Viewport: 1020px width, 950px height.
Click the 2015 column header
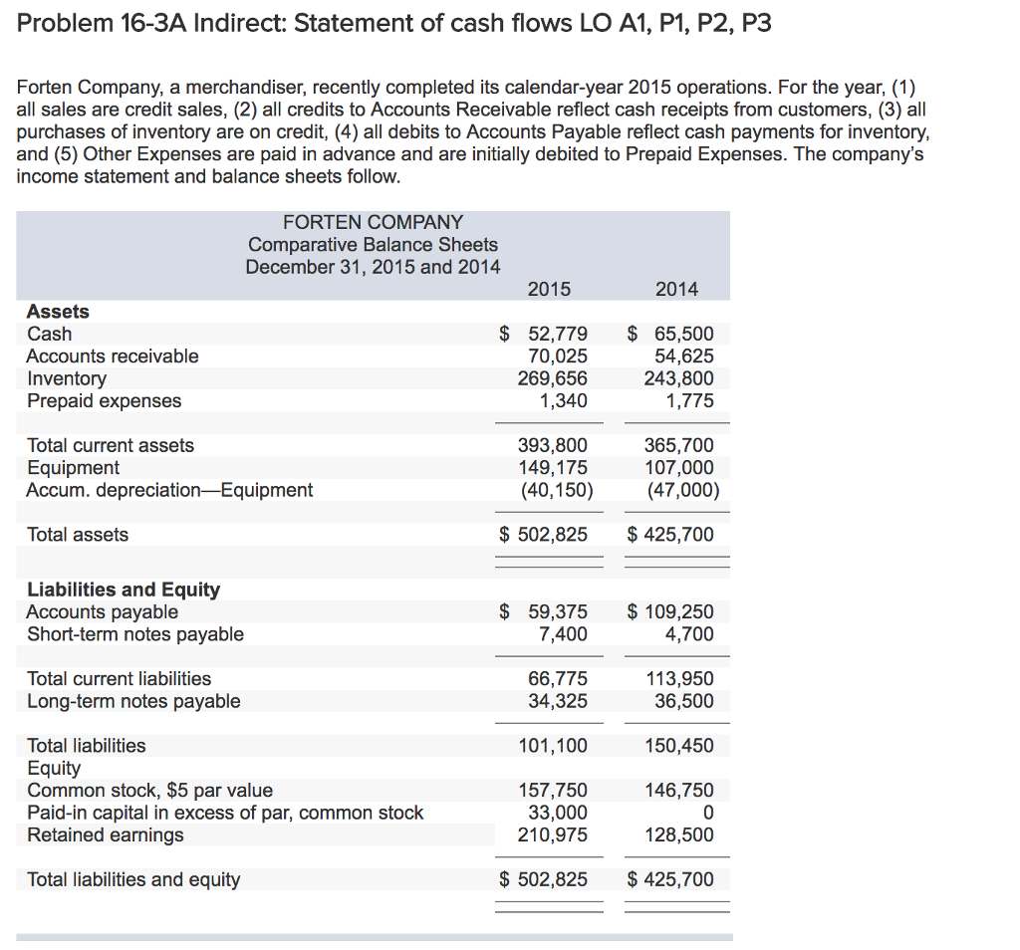pyautogui.click(x=549, y=289)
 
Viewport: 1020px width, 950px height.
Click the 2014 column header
pyautogui.click(x=677, y=289)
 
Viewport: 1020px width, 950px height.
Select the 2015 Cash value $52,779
pyautogui.click(x=544, y=334)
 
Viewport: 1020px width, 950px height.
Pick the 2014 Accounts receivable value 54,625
pyautogui.click(x=683, y=356)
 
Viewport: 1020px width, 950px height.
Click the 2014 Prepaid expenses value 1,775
pyautogui.click(x=690, y=400)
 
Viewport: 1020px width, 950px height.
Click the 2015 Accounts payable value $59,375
pyautogui.click(x=544, y=611)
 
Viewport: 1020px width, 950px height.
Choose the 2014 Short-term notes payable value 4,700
pyautogui.click(x=690, y=633)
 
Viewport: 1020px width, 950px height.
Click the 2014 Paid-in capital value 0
pyautogui.click(x=707, y=813)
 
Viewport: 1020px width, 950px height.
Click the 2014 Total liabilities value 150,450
pyautogui.click(x=679, y=745)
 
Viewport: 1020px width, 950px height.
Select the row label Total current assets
pyautogui.click(x=111, y=445)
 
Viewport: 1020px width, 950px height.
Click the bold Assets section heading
pyautogui.click(x=58, y=312)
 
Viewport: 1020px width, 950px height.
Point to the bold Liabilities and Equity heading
pyautogui.click(x=124, y=590)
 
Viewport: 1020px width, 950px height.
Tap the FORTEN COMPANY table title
pyautogui.click(x=373, y=222)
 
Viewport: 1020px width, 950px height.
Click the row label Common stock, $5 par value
pyautogui.click(x=149, y=791)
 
